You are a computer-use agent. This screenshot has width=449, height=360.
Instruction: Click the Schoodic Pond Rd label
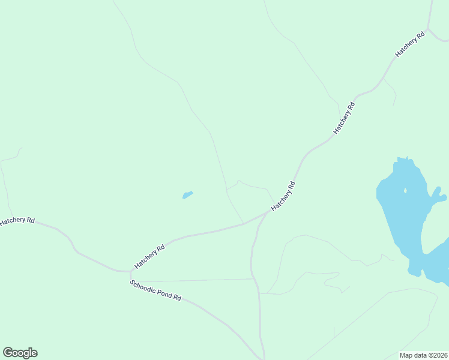point(155,290)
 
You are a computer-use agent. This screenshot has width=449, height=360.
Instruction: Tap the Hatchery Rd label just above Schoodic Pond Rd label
point(149,256)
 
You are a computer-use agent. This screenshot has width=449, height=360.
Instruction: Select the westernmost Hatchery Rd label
point(17,221)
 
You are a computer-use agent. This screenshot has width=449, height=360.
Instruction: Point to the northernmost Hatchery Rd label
point(410,44)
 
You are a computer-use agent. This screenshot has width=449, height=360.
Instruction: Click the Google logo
point(20,353)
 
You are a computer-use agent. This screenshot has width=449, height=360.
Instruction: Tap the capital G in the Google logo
point(8,353)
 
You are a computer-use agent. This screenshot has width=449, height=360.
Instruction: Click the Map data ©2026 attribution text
point(424,355)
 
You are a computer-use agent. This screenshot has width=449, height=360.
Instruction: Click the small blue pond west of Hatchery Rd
point(187,195)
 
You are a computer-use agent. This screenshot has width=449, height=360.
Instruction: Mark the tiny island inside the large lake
point(405,191)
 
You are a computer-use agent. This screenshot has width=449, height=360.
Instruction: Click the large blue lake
point(402,210)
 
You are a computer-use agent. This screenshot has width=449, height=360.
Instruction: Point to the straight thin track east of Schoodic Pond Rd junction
point(192,280)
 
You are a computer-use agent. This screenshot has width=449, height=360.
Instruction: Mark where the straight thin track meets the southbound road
point(253,278)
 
